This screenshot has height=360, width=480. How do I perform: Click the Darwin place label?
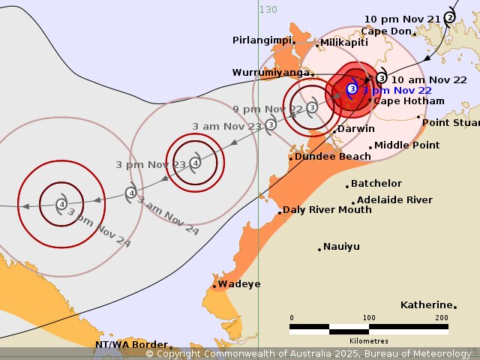[355, 129]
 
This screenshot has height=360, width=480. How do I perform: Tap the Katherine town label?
[426, 304]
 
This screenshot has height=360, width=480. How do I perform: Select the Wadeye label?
[239, 284]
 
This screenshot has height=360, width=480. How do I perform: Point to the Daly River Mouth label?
[326, 210]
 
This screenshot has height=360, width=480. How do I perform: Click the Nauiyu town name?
[342, 246]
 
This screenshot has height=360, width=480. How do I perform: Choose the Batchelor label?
[376, 184]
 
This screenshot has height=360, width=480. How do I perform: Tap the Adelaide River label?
[394, 200]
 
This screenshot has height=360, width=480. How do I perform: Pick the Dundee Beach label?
[332, 157]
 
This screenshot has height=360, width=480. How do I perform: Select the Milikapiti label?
[343, 43]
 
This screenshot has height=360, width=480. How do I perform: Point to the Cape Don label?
[386, 31]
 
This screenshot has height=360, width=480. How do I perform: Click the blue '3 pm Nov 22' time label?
[397, 91]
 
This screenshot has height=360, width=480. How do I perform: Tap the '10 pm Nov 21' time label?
[402, 19]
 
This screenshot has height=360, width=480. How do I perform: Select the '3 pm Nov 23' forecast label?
[140, 164]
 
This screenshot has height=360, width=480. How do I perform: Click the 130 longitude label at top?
[268, 9]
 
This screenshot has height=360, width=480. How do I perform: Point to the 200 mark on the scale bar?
[441, 318]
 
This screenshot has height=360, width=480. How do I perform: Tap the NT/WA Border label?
[131, 345]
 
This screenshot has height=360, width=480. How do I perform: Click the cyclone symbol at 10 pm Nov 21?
[449, 17]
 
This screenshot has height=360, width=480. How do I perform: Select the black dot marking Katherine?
[454, 306]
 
